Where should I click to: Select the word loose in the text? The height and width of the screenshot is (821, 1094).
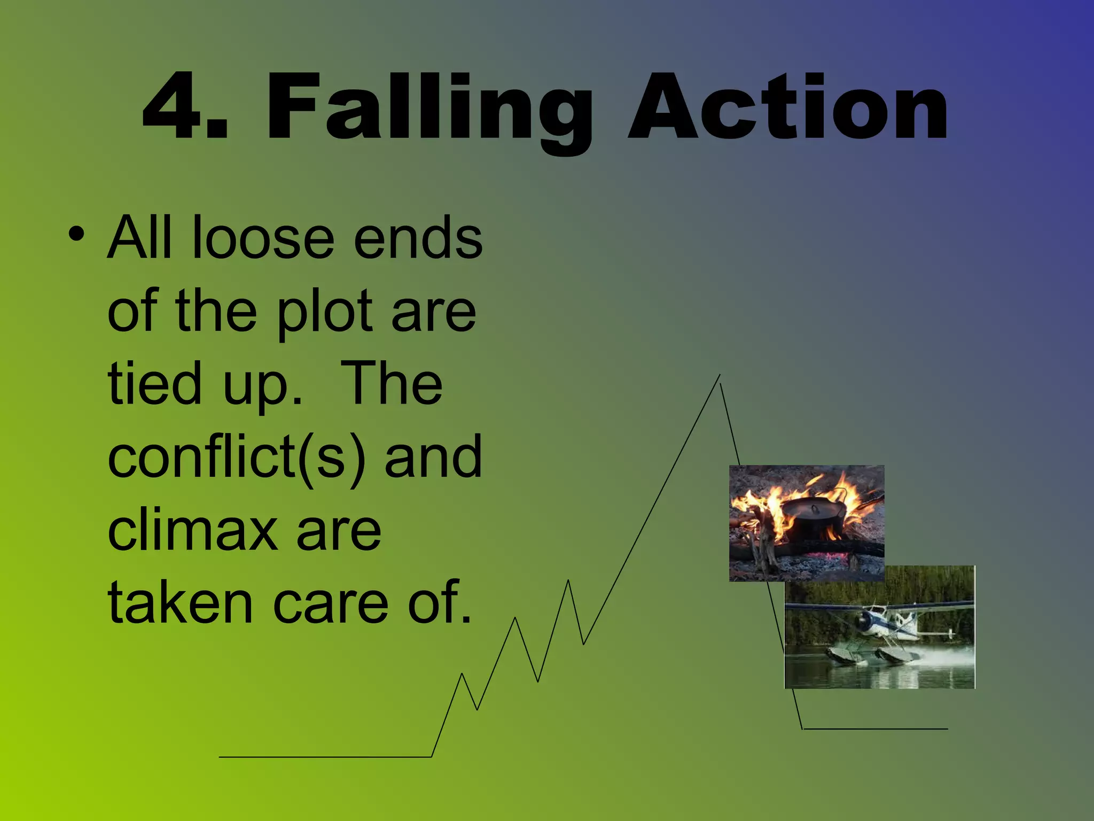pyautogui.click(x=262, y=238)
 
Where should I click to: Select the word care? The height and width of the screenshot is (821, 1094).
pyautogui.click(x=331, y=604)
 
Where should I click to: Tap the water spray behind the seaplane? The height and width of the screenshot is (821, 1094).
pyautogui.click(x=945, y=655)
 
